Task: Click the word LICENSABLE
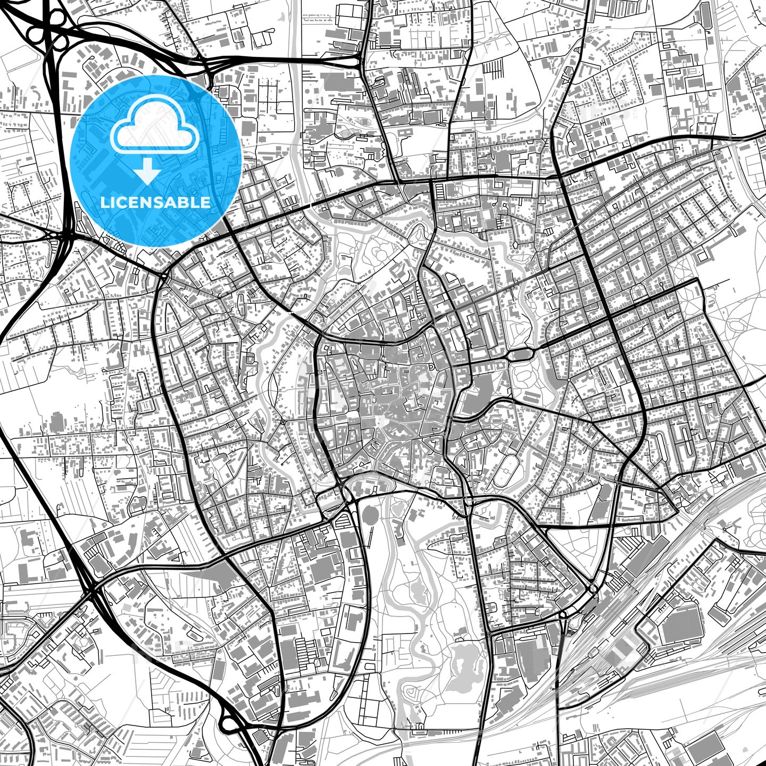pyautogui.click(x=155, y=202)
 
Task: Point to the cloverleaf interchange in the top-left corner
pyautogui.click(x=45, y=27)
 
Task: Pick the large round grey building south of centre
pyautogui.click(x=370, y=514)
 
